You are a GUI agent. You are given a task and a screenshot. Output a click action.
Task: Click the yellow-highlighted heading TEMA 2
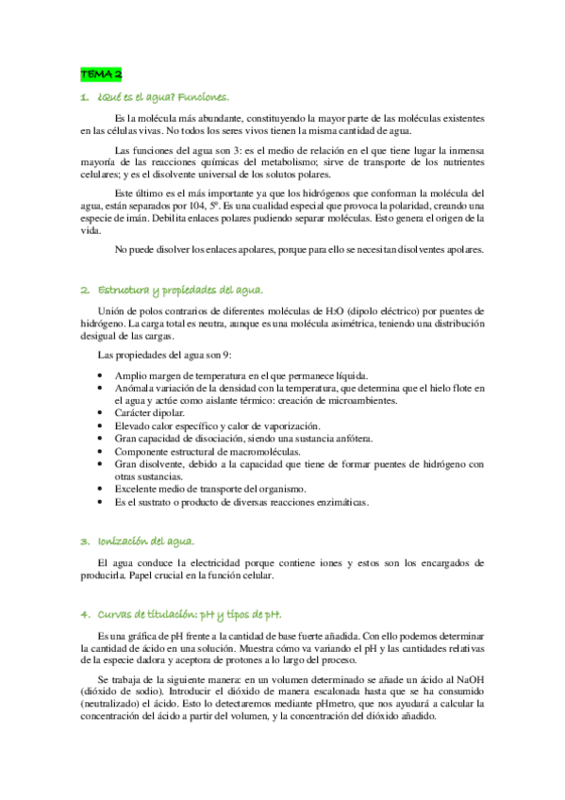coord(100,73)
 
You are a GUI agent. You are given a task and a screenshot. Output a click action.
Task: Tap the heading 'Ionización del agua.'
coord(144,541)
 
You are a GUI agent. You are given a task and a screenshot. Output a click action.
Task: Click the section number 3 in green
coord(84,541)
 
